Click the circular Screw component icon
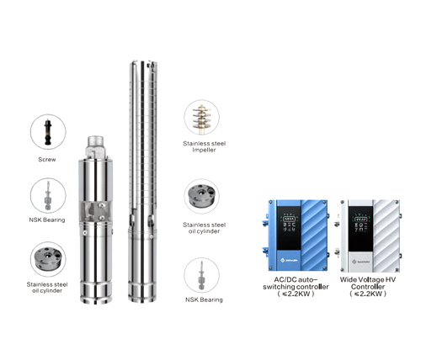(x=47, y=130)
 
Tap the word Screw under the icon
(x=47, y=158)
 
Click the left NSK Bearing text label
(x=47, y=223)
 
